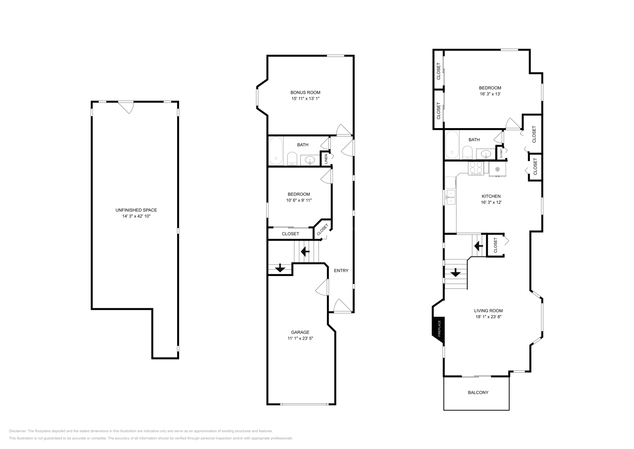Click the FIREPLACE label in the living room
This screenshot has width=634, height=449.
439,328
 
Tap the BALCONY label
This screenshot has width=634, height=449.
478,392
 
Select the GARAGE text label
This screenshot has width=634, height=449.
300,332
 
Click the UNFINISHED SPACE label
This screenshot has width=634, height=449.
136,210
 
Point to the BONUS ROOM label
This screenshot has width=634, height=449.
306,92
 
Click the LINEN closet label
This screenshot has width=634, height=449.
326,159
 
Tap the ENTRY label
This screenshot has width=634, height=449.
341,271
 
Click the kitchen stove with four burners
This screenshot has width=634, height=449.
476,168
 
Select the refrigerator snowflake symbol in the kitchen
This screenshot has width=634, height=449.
497,169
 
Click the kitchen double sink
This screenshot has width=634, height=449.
451,197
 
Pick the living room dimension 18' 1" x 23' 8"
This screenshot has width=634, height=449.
488,317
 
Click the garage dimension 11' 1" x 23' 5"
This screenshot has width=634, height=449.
300,338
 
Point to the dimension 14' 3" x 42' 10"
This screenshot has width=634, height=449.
136,216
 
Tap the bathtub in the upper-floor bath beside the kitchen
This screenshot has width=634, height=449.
452,145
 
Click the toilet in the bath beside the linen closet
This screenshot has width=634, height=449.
292,159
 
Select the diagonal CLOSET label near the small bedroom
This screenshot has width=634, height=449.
323,229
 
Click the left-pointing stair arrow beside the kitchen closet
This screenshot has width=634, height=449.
479,246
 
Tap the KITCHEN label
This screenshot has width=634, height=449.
491,196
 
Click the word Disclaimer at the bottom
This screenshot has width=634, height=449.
17,431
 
